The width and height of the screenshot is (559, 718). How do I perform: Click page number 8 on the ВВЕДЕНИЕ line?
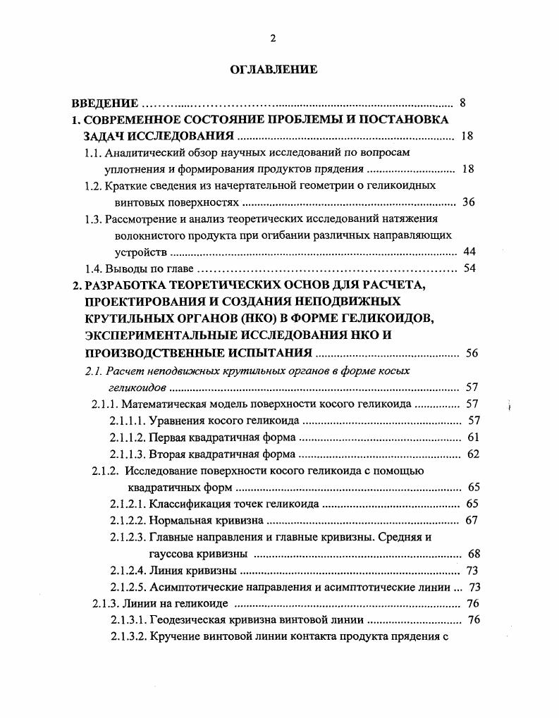pos(462,103)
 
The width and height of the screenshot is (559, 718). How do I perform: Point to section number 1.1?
pos(93,152)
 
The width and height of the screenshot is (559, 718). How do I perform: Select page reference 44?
pos(469,252)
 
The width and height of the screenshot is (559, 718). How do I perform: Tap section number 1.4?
pos(93,268)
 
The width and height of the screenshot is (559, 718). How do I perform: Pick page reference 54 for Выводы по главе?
pos(469,268)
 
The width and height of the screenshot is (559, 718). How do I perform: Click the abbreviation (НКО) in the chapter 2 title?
pos(258,318)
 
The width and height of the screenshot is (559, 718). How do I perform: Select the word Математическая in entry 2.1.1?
pos(160,404)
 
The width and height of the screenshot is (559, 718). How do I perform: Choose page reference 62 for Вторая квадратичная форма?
pos(473,454)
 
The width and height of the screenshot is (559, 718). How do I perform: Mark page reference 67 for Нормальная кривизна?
pos(472,521)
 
